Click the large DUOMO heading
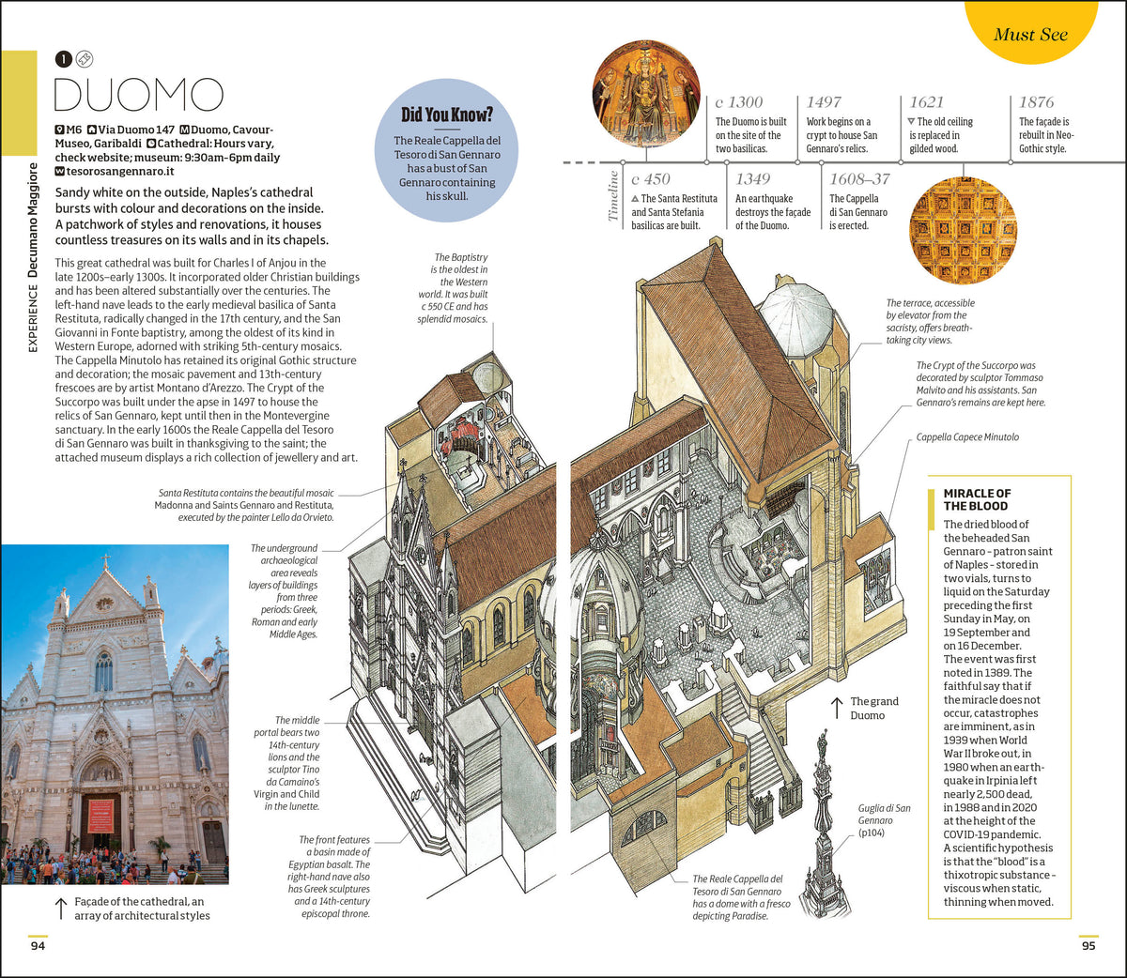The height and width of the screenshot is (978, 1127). pos(139,95)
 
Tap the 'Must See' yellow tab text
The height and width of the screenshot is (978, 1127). pos(1030,35)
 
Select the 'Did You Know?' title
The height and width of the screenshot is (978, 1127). pos(447,115)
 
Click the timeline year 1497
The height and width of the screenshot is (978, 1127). pos(824,101)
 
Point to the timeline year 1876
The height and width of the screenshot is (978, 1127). pos(1036,101)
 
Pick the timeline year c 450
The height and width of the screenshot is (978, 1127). pos(651,179)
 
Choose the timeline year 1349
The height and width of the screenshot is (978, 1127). pos(752,179)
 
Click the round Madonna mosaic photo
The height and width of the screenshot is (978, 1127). pos(646,94)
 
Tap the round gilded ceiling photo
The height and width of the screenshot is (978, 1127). pos(963,231)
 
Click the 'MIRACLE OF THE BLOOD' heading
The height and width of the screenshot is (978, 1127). pos(976,499)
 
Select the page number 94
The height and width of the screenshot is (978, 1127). pos(38,945)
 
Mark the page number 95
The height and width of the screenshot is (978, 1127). pos(1088,945)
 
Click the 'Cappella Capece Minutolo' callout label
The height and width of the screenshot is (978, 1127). pos(967,437)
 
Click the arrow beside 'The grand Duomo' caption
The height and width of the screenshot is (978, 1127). pos(837,709)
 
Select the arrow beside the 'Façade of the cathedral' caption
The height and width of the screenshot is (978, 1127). pos(61,909)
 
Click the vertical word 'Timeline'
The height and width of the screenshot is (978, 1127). pos(612,196)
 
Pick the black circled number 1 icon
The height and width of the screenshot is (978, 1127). pos(63,59)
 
